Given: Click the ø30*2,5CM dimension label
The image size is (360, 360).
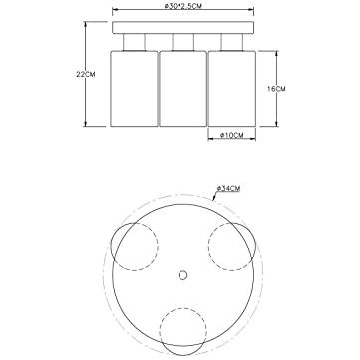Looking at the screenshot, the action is pyautogui.click(x=183, y=6).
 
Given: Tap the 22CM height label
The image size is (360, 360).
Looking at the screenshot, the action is pyautogui.click(x=86, y=74).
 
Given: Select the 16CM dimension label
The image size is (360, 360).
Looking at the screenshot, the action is pyautogui.click(x=276, y=89).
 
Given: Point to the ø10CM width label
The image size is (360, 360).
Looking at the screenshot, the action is pyautogui.click(x=232, y=135).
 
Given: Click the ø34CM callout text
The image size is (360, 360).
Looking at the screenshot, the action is pyautogui.click(x=228, y=188).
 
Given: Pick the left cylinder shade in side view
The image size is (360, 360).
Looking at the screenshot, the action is pyautogui.click(x=134, y=89).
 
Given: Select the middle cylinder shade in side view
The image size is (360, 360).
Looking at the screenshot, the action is pyautogui.click(x=183, y=89).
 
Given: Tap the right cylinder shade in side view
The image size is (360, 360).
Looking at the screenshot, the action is pyautogui.click(x=232, y=89).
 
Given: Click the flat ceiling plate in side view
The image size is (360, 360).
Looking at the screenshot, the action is pyautogui.click(x=183, y=28).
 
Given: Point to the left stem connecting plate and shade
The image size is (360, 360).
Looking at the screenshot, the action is pyautogui.click(x=134, y=42).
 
